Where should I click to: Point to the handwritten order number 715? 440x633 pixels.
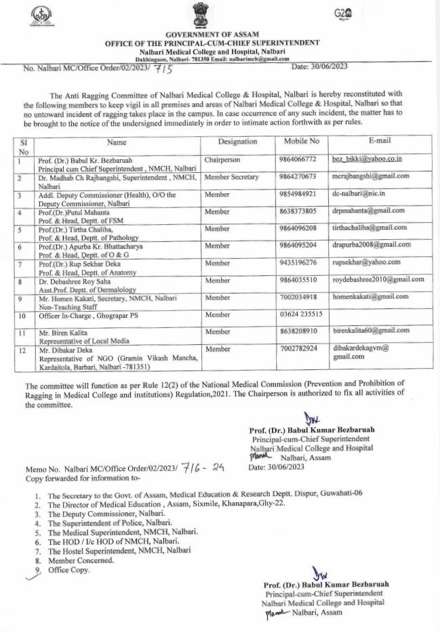[165, 68]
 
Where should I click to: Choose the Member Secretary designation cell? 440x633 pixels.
[232, 177]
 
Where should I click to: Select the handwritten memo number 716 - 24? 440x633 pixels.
[203, 468]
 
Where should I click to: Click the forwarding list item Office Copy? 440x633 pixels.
[68, 570]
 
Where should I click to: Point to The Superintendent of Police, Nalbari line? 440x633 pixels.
[110, 523]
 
